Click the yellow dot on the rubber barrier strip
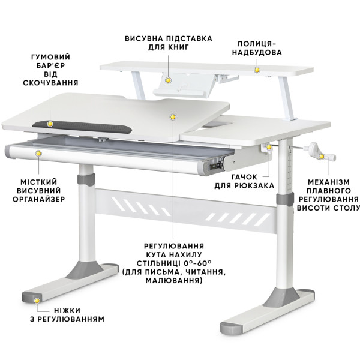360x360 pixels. (x=50, y=124)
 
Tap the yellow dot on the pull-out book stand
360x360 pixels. (x=169, y=80)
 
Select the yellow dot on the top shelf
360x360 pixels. (x=257, y=70)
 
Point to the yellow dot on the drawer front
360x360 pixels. (x=39, y=154)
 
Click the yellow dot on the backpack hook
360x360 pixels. (x=269, y=147)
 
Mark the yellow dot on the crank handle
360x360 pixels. (x=322, y=157)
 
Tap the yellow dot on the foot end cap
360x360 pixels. (x=37, y=301)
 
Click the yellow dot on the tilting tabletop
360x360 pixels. (x=173, y=117)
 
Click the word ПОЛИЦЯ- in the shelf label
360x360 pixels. (x=257, y=44)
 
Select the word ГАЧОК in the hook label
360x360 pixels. (x=244, y=177)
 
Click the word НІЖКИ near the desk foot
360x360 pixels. (x=67, y=311)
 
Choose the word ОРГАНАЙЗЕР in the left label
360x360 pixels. (x=39, y=199)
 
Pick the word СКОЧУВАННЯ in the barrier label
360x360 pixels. (x=51, y=83)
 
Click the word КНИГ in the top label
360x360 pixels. (x=178, y=47)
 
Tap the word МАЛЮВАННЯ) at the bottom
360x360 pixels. (x=174, y=281)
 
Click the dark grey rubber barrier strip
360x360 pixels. (x=82, y=127)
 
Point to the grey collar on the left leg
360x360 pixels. (x=86, y=179)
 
